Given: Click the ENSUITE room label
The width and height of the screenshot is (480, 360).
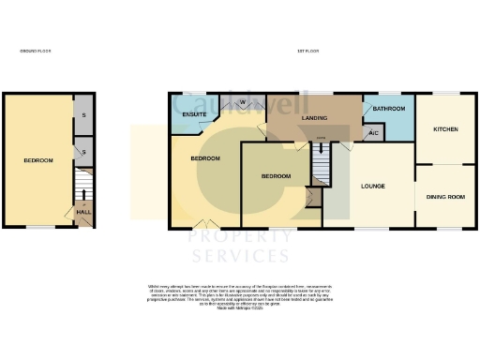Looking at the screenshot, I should tap(194, 115).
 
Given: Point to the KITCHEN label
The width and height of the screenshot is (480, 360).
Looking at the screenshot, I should tap(444, 129).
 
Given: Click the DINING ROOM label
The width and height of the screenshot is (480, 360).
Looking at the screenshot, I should tap(444, 197).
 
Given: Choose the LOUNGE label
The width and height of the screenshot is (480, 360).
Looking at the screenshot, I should tap(372, 186).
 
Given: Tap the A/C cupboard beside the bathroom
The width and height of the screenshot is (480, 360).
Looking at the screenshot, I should tap(373, 134).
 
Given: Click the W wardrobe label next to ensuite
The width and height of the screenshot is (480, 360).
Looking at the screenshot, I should tap(243, 101).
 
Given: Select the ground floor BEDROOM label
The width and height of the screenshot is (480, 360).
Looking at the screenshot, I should tap(38, 161).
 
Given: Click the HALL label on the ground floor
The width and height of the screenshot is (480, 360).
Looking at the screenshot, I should tap(82, 212).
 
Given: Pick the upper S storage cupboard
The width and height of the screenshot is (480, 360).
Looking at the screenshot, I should tap(83, 113).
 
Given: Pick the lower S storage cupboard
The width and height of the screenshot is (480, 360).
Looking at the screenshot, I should tap(83, 151).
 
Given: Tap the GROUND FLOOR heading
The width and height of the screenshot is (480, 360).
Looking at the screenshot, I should tap(36, 51).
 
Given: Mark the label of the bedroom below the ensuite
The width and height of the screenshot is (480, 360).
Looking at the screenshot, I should tap(205, 158).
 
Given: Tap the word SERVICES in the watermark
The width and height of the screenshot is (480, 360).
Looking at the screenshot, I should tap(240, 256).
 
